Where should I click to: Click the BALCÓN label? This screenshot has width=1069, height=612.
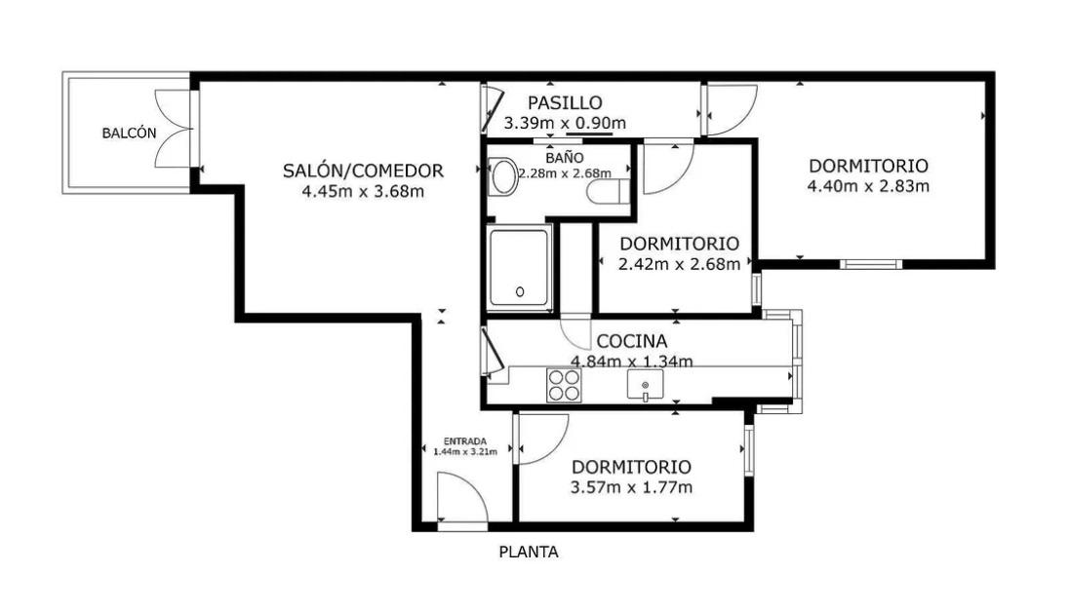coord(129,133)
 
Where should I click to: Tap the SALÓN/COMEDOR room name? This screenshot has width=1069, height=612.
coord(363,171)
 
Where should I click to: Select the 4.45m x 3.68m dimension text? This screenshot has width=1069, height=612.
coord(363,192)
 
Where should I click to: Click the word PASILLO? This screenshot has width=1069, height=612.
coord(565,103)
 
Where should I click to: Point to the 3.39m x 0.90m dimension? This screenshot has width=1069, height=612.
coord(565,124)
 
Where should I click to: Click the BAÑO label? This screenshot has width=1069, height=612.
coord(565,158)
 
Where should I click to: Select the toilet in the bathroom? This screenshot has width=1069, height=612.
coord(608,192)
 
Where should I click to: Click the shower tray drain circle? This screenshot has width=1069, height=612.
coord(520,291)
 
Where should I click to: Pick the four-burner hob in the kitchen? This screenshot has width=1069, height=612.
coord(564,385)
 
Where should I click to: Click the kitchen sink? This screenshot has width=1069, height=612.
coord(645,385)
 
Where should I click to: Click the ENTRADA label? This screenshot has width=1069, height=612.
coord(465,440)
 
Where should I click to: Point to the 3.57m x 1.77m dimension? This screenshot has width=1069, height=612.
coord(631,487)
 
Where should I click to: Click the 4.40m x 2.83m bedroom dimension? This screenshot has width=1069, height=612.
coord(868,186)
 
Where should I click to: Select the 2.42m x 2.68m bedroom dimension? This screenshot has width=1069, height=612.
coord(679,264)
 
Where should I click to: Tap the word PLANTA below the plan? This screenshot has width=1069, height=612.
coord(529,552)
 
